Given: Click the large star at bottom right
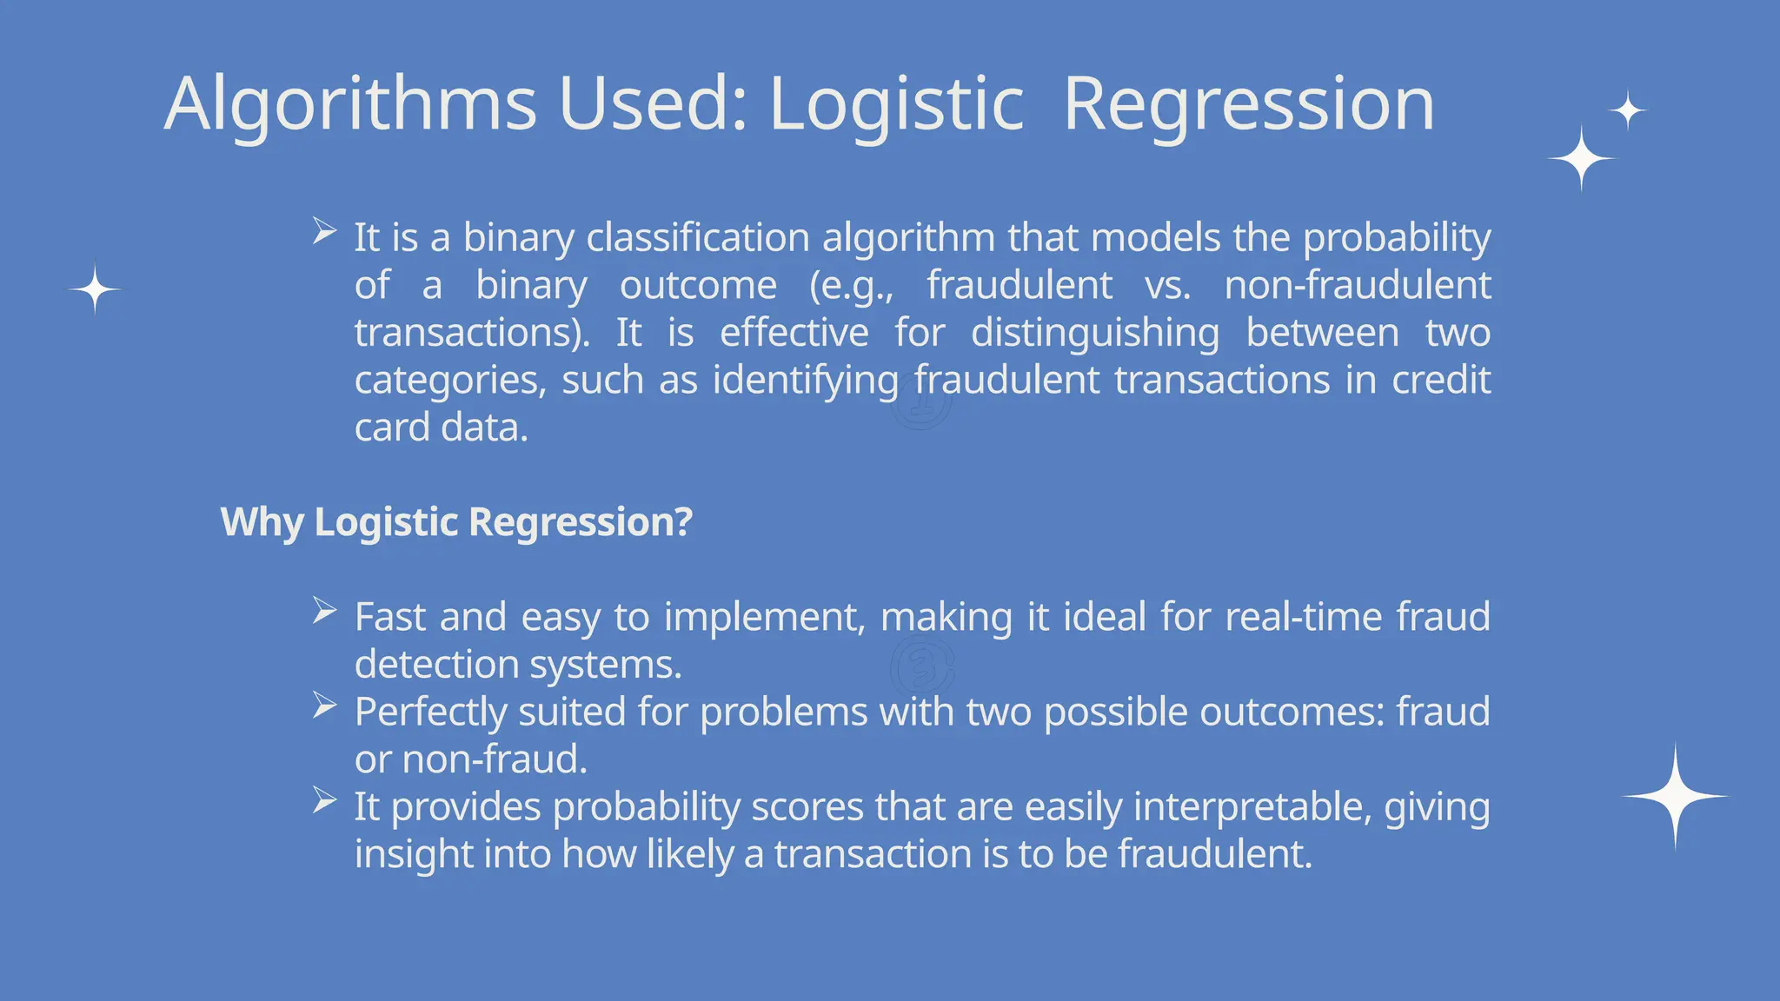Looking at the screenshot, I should coord(1675,796).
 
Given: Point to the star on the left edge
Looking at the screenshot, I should coord(95,288).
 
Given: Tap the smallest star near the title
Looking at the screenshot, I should coord(1628,110).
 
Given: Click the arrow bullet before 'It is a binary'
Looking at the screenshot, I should coord(324,231).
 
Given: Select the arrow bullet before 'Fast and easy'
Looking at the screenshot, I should coord(324,611).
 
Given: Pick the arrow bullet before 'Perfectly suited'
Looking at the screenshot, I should coord(324,706).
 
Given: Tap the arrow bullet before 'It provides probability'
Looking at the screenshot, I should coord(324,800).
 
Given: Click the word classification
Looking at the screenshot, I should coord(698,237).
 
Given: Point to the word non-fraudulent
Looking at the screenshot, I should coord(1358,285).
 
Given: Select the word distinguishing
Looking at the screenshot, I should coord(1094,333).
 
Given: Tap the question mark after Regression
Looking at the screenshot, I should coord(683,521).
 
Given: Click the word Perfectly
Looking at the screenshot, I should coord(430,713).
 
